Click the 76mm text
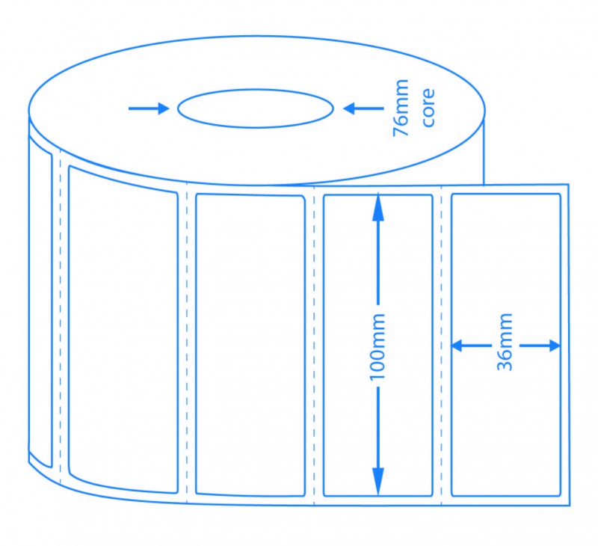(x=401, y=108)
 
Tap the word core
(x=428, y=108)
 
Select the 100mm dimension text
(x=377, y=347)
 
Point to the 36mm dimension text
(x=505, y=342)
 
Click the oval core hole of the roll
(x=256, y=90)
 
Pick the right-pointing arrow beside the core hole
(x=149, y=108)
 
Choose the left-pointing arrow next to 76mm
(x=363, y=108)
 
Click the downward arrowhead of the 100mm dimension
(x=378, y=482)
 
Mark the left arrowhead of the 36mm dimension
(x=457, y=346)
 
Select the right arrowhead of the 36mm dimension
(x=554, y=346)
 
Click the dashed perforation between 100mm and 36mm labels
(x=441, y=346)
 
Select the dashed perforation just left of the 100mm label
(x=314, y=346)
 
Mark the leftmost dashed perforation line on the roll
(x=61, y=316)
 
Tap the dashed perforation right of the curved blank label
(x=186, y=343)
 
